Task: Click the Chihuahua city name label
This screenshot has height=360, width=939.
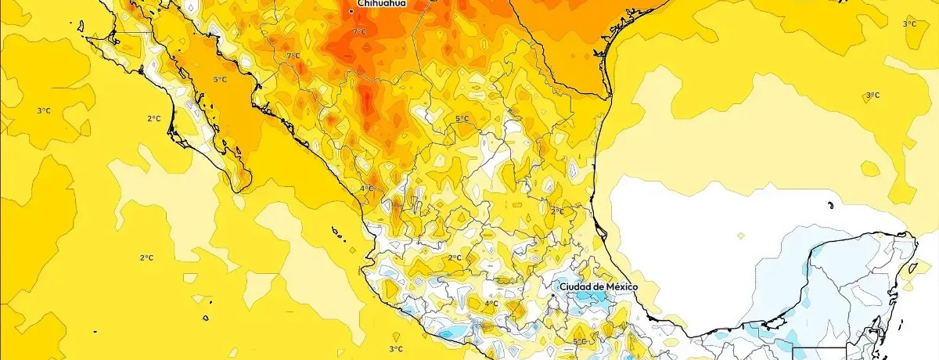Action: (x=381, y=4)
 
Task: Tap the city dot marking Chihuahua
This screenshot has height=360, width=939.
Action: (x=351, y=11)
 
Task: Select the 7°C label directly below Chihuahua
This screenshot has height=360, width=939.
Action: (x=358, y=32)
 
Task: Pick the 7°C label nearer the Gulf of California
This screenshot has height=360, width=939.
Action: (x=293, y=56)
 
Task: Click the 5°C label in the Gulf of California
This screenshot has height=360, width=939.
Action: (x=219, y=80)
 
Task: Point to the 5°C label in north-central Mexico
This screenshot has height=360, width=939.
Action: (x=462, y=119)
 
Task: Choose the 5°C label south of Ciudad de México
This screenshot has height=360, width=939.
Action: (x=579, y=342)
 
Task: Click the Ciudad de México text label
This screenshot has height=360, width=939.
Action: (x=599, y=287)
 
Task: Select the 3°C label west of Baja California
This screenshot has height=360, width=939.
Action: (x=44, y=111)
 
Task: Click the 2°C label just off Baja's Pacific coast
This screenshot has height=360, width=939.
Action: (x=153, y=119)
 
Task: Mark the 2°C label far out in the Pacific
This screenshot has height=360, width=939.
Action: (x=146, y=258)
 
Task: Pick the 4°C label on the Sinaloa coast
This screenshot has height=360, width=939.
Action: (x=365, y=189)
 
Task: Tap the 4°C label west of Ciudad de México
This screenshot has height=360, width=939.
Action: (x=491, y=304)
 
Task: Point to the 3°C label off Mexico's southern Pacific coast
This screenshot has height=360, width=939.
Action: (x=396, y=349)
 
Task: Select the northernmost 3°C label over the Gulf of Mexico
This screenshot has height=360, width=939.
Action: (x=909, y=24)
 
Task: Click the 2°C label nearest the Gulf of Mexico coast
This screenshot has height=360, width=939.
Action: (x=557, y=211)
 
